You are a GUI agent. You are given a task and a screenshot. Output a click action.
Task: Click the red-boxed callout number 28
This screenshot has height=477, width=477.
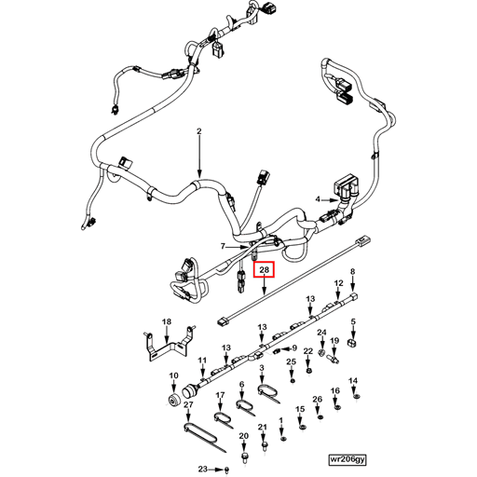[266, 271]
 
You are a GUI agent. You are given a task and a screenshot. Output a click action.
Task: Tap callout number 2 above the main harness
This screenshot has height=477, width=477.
[198, 133]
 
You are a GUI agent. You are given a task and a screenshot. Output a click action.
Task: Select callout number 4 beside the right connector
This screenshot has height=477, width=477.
[317, 199]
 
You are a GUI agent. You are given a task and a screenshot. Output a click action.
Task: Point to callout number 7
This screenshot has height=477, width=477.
[223, 246]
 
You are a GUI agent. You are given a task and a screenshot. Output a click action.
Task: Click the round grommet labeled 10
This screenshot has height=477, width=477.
[173, 400]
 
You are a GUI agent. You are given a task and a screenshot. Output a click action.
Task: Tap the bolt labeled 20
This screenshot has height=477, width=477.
[243, 458]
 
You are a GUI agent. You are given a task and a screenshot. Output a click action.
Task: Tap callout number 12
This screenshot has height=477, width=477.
[338, 281]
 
